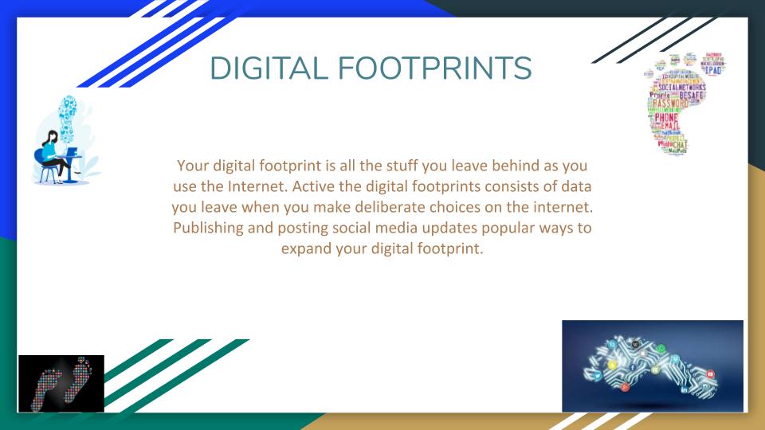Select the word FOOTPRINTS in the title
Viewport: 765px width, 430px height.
click(433, 68)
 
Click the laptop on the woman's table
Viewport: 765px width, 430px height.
click(71, 151)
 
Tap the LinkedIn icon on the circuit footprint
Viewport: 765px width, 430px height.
click(685, 389)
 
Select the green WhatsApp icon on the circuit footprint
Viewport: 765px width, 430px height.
click(675, 359)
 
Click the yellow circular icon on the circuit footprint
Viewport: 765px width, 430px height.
click(611, 365)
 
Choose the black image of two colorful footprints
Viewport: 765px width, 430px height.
click(61, 383)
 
